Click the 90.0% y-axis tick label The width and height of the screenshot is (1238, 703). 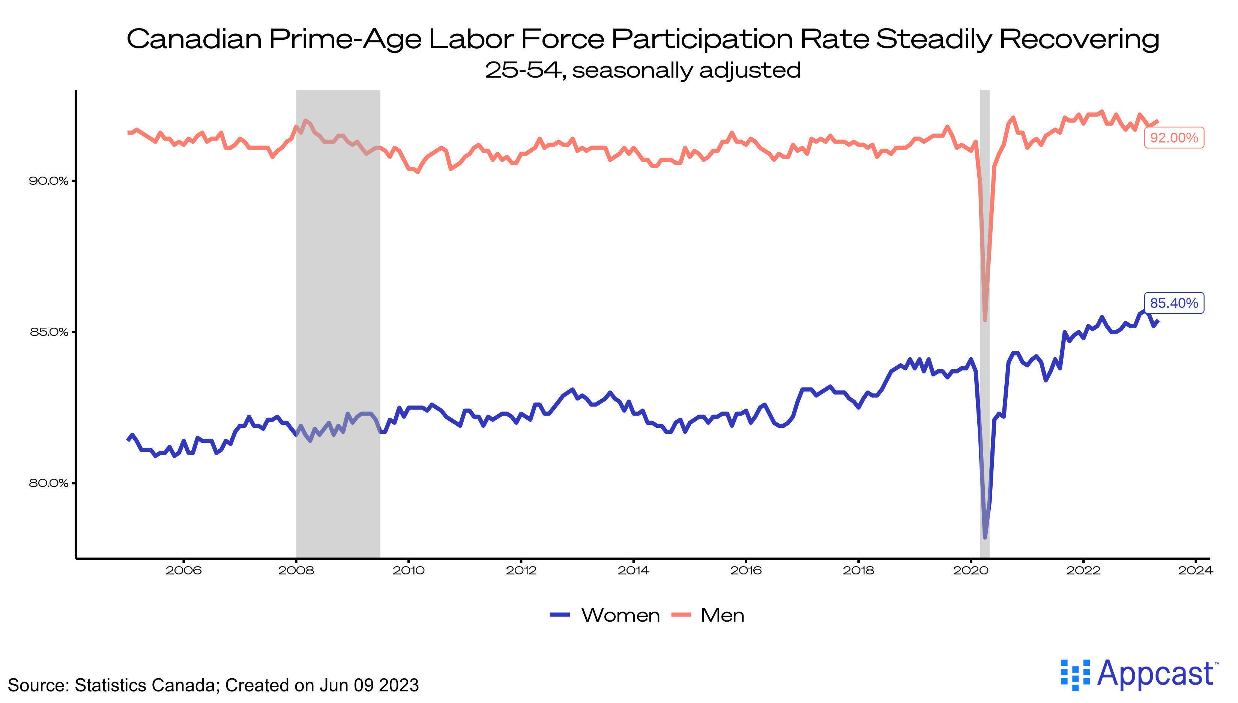pos(48,181)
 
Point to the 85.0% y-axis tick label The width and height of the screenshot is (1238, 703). pos(48,332)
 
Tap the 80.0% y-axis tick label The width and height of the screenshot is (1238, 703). pos(48,483)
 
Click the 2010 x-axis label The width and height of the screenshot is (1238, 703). pos(409,571)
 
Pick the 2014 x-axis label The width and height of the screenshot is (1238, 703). pos(633,571)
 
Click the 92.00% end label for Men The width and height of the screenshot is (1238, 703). pos(1174,138)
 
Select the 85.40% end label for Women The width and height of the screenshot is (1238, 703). pos(1174,303)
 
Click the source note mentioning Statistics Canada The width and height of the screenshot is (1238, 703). pos(213,685)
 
